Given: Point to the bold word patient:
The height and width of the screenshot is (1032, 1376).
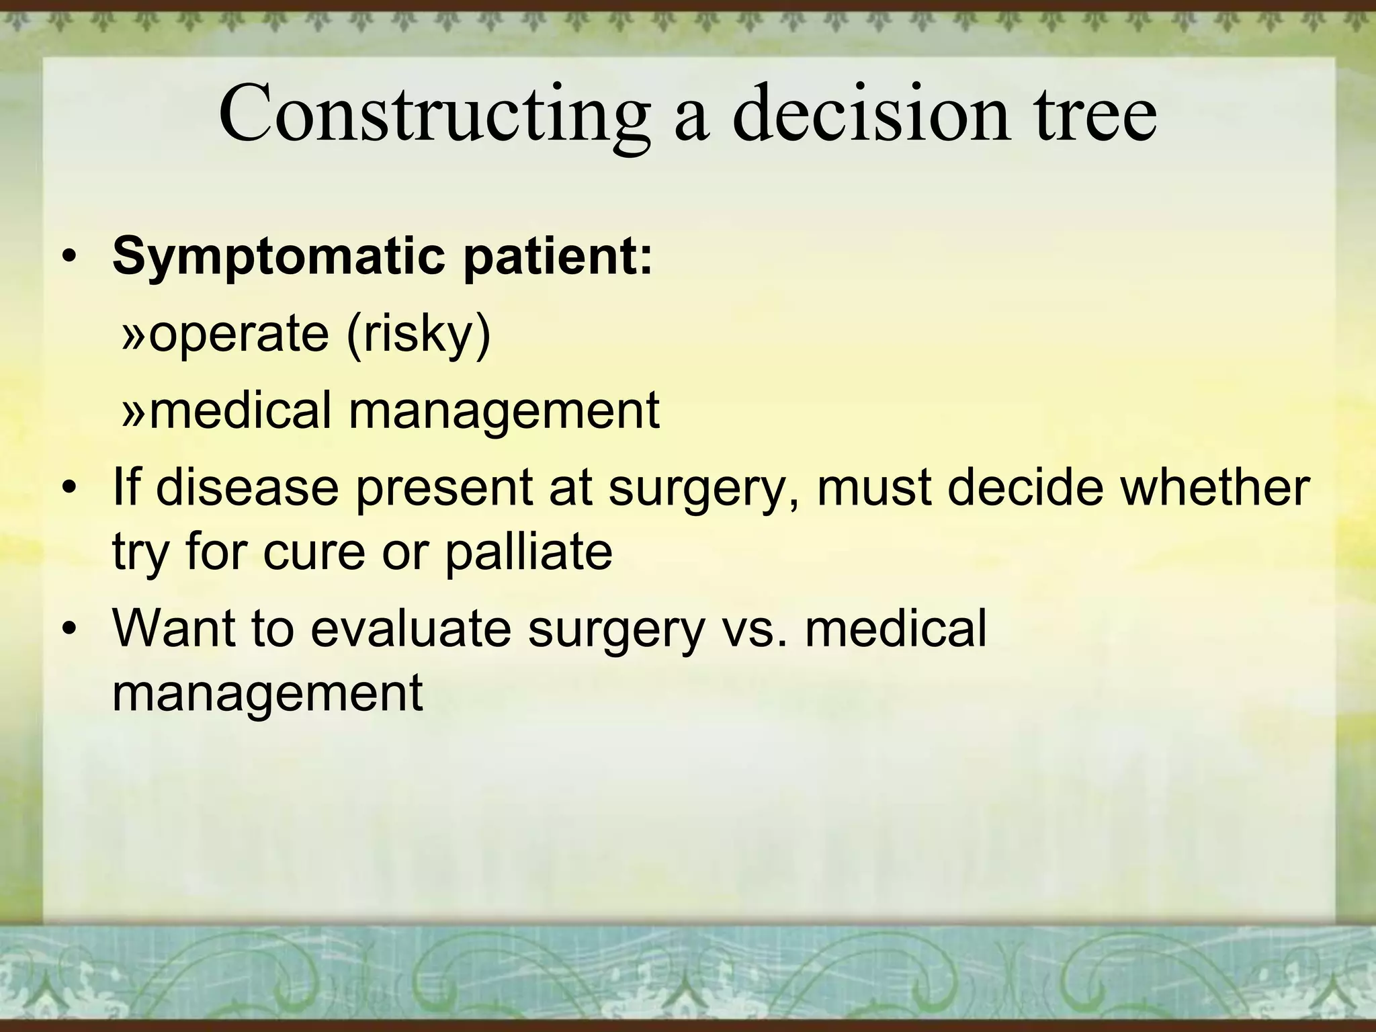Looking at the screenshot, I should point(558,257).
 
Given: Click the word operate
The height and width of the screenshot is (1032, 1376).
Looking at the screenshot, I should point(239,334).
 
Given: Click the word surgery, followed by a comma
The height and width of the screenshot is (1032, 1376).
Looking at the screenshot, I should point(704,488).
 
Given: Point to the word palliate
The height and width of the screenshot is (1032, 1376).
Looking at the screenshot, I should point(528,552).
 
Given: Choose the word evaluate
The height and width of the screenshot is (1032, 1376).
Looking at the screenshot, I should point(411,628).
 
